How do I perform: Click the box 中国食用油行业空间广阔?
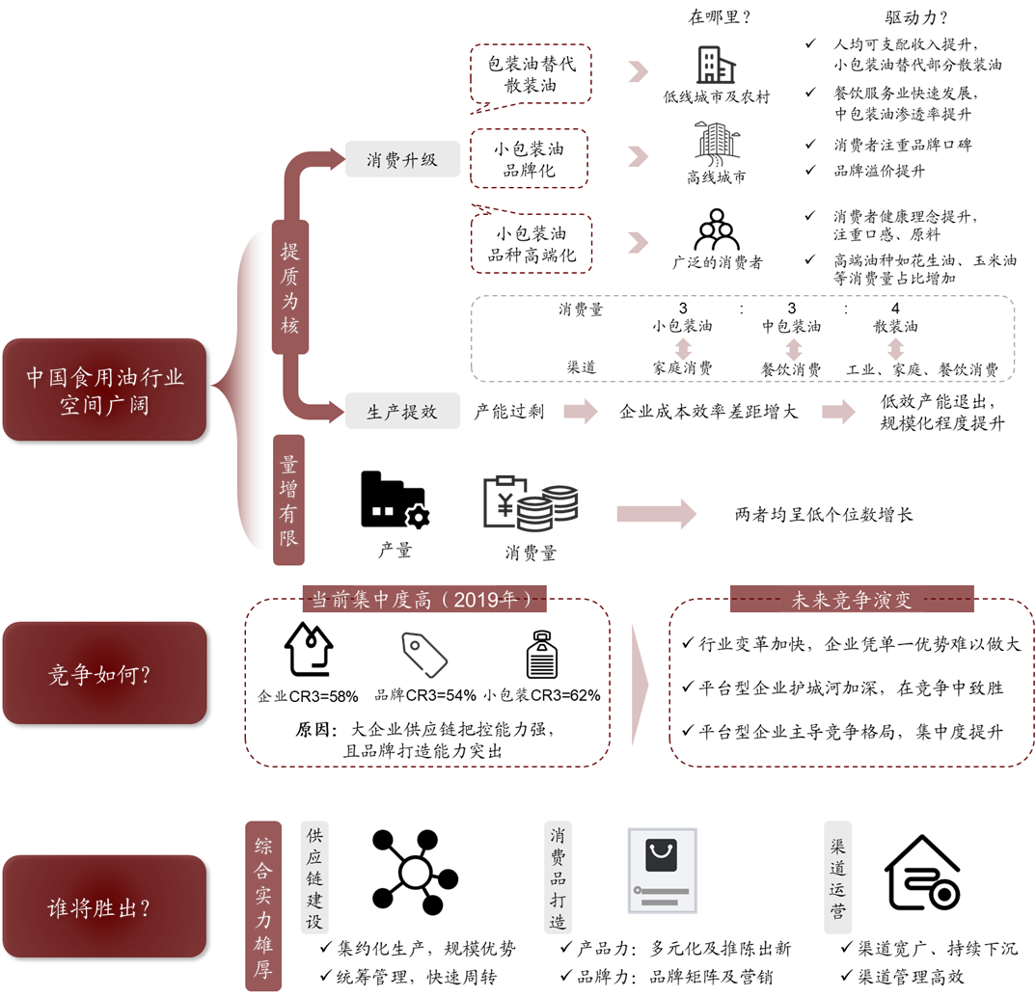tap(104, 390)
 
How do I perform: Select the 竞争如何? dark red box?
tap(104, 673)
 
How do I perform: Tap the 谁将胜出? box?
tap(104, 906)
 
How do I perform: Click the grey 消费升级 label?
tap(402, 159)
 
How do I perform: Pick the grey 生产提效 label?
tap(402, 411)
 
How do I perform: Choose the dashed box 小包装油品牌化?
tap(530, 158)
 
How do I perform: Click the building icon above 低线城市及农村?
tap(716, 65)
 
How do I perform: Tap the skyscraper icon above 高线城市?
tap(717, 144)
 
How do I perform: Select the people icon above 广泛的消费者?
tap(717, 229)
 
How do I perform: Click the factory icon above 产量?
tap(395, 499)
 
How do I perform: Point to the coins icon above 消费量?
tap(531, 502)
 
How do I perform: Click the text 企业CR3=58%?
tap(308, 696)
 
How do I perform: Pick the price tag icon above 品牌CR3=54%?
tap(424, 655)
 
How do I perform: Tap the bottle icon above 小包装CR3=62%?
tap(542, 654)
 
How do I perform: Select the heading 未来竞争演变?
tap(852, 599)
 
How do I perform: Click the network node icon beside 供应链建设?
tap(414, 872)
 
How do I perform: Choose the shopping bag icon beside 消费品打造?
tap(662, 871)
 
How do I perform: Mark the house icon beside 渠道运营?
tap(922, 873)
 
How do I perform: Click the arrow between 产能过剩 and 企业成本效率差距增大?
tap(581, 412)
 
